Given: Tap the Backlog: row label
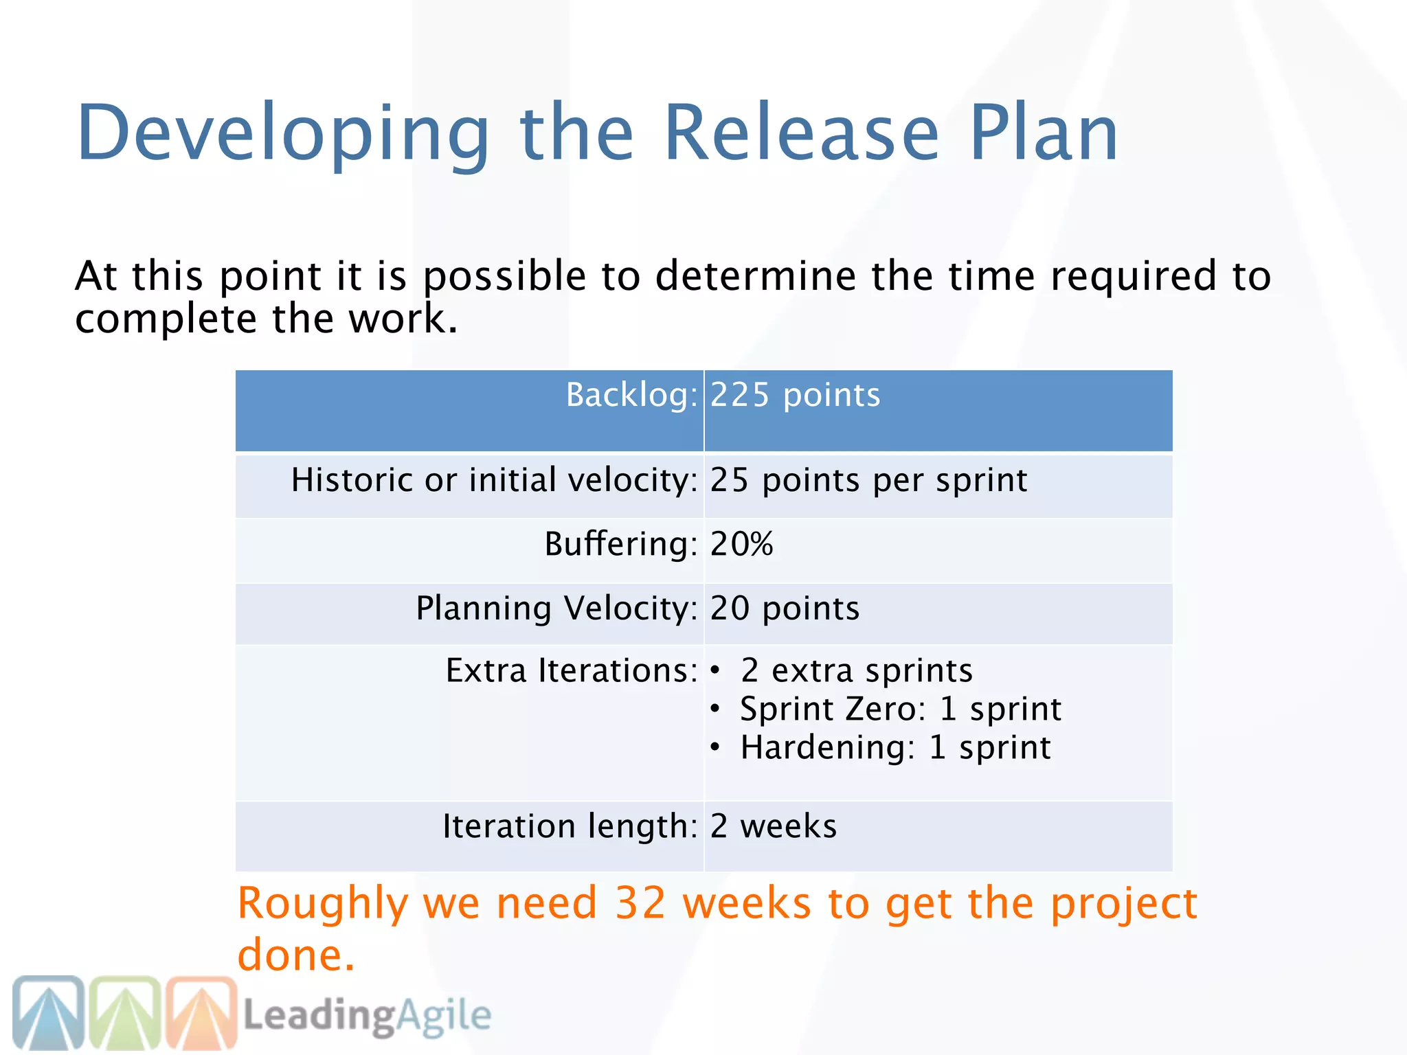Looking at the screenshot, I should [x=631, y=396].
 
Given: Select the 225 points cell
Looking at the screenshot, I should [x=795, y=396].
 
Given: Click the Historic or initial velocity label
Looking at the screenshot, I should [x=493, y=480].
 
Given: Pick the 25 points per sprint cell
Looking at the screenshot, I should [x=868, y=480].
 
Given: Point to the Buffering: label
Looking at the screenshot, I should [x=620, y=544].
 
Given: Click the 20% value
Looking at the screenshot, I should [x=741, y=544].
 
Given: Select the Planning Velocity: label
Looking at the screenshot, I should [x=556, y=609].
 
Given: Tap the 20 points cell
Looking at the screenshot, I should [x=785, y=609].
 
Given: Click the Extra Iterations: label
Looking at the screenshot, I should [x=571, y=670].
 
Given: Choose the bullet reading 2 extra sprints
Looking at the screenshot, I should [x=856, y=670].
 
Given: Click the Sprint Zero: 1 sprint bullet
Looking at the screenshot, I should [x=900, y=709].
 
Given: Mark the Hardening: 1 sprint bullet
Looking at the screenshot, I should [x=894, y=747].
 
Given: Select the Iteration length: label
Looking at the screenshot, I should [x=570, y=826].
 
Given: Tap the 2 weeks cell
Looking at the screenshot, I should [x=774, y=826].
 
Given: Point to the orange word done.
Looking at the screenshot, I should [x=295, y=955].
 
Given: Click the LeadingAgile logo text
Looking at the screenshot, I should [x=368, y=1015].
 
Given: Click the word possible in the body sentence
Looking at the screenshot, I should [x=504, y=277].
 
